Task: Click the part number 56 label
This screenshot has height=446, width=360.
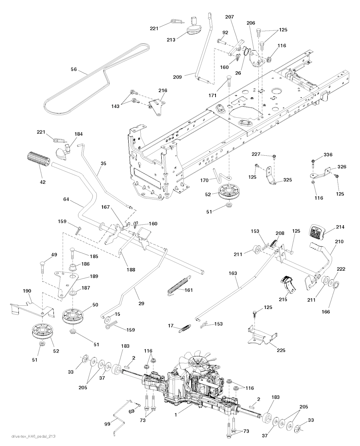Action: coord(74,69)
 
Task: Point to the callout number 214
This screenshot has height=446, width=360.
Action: coord(340,227)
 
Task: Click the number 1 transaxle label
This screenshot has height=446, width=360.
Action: coord(176,420)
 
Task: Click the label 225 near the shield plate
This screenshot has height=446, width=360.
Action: coord(281,350)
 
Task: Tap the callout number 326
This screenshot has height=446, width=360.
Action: coord(342,167)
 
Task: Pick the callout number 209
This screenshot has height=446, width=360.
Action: coord(178,77)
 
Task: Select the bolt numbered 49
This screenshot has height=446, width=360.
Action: coord(42,267)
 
